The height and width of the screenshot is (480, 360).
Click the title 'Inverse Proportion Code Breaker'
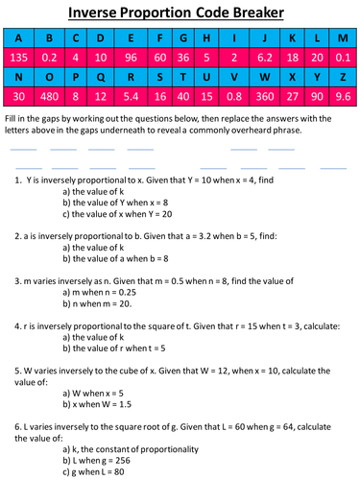(180, 14)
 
